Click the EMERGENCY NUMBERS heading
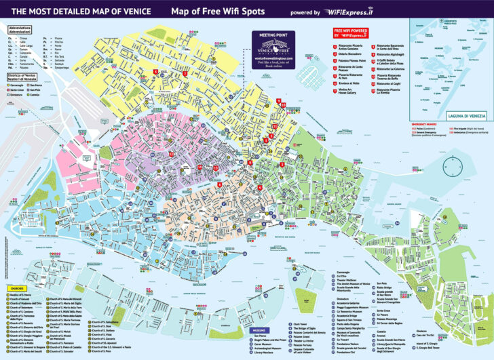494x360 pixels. pos(421,123)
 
